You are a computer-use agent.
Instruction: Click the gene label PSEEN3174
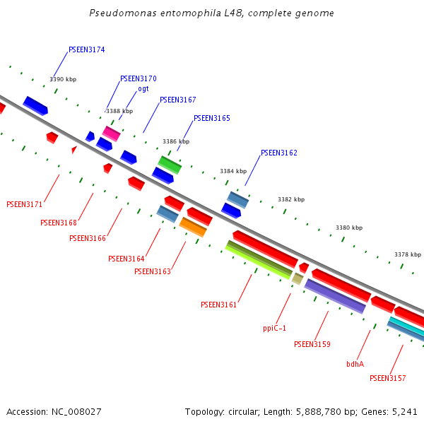click(x=87, y=50)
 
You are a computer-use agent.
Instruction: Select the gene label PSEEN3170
click(x=139, y=79)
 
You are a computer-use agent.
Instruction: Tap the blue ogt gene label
click(x=143, y=89)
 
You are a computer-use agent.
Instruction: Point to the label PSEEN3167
click(x=178, y=100)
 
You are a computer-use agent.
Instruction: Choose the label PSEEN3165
click(x=212, y=119)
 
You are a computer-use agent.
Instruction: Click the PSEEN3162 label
click(x=279, y=153)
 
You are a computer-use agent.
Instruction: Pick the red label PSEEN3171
click(x=25, y=205)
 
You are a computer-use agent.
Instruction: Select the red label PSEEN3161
click(x=219, y=305)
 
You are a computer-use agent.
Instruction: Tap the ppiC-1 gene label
click(x=275, y=329)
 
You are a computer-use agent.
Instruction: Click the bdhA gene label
click(x=355, y=365)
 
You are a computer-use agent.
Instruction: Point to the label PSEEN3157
click(x=388, y=379)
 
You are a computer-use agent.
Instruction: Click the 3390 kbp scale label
click(x=63, y=80)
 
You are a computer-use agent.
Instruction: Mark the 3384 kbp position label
click(x=233, y=172)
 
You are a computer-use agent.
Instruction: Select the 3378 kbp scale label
click(x=408, y=254)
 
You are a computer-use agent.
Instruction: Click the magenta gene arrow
click(x=112, y=133)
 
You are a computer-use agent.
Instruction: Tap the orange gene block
click(x=193, y=227)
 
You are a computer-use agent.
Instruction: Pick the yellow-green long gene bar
click(x=259, y=259)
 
